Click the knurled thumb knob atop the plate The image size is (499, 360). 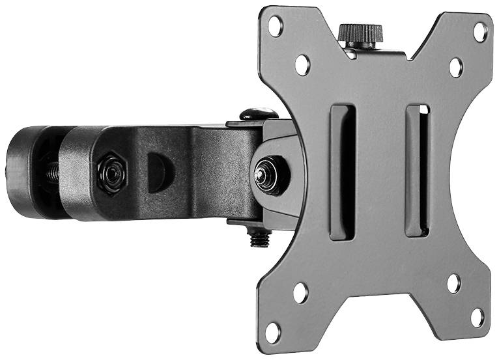tap(359, 34)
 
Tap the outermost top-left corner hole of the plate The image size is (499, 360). tap(276, 26)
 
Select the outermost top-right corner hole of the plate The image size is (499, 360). tap(480, 30)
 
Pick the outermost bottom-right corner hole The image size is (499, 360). tap(478, 317)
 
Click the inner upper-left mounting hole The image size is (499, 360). tap(302, 64)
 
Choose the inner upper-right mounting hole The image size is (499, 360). tap(456, 67)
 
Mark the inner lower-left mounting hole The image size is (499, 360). tap(300, 292)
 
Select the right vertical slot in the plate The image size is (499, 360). tap(418, 170)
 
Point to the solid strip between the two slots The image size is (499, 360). tap(380, 171)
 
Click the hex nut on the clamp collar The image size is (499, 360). tap(111, 172)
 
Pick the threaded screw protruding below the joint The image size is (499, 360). tap(259, 238)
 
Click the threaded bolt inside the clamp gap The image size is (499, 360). tap(51, 172)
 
